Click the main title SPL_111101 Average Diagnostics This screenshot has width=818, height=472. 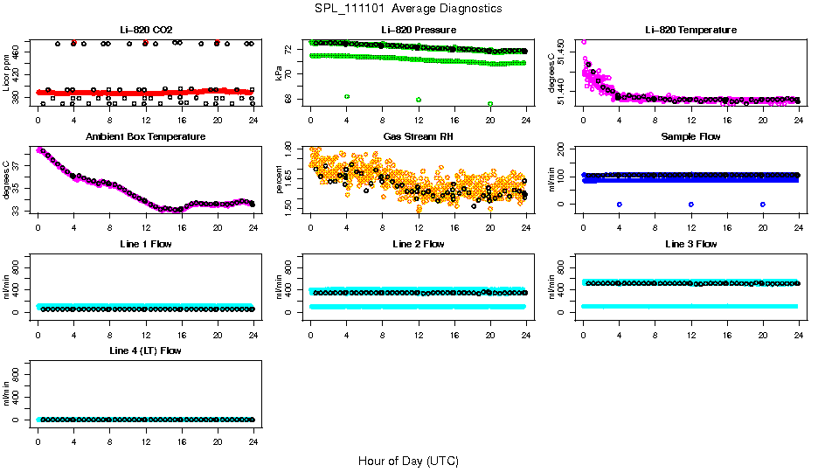point(408,8)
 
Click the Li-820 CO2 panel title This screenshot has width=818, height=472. point(144,30)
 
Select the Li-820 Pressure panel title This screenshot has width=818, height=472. point(418,30)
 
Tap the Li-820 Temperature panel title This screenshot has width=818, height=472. point(690,30)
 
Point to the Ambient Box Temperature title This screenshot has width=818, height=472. point(145,137)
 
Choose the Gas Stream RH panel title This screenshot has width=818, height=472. point(418,137)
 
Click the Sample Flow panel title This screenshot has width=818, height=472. point(690,137)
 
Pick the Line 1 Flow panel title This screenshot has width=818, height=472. point(145,244)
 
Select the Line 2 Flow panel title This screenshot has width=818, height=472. point(418,244)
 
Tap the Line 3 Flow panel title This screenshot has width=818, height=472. point(690,244)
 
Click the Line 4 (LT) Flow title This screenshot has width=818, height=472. point(145,351)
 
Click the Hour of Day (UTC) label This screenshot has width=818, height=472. point(408,461)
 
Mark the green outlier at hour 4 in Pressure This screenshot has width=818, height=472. point(347,96)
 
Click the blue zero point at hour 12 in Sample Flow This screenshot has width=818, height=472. point(691,204)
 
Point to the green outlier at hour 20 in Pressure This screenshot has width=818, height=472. point(490,103)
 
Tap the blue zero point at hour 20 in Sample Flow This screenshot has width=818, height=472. point(763,204)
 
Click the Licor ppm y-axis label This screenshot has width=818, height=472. point(8,74)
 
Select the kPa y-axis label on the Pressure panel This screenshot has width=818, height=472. point(280,74)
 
